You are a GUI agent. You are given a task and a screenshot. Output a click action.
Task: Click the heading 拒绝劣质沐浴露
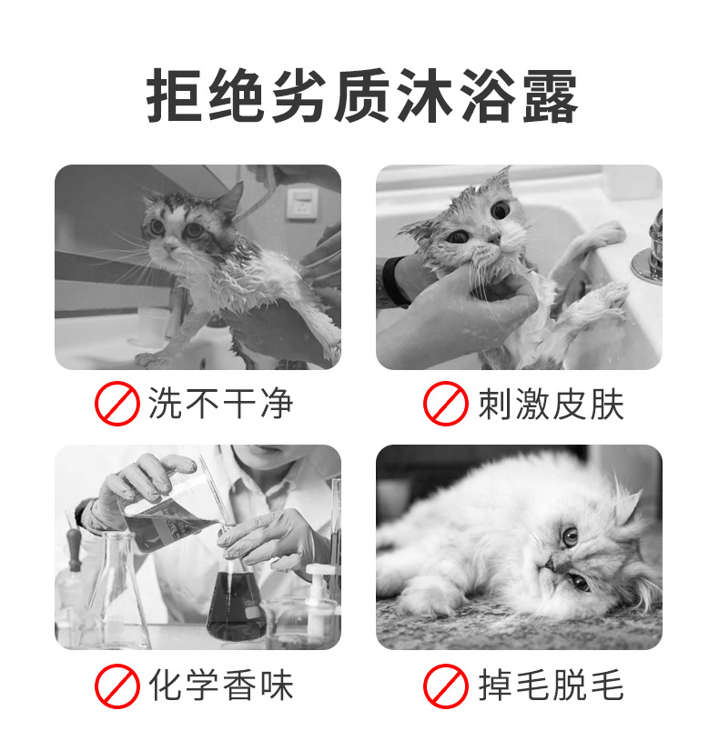(362, 95)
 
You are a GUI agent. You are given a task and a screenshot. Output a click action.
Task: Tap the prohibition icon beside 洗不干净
(117, 404)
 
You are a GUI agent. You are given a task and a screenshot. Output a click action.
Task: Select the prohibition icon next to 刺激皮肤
(445, 404)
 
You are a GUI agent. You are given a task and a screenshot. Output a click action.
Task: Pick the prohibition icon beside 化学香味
(117, 686)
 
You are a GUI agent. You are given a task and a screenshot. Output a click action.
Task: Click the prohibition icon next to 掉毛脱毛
(445, 686)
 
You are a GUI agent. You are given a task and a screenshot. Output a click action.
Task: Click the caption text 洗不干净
(220, 404)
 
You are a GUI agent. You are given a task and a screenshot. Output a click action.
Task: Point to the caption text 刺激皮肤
(552, 405)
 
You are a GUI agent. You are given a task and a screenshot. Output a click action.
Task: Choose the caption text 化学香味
(220, 686)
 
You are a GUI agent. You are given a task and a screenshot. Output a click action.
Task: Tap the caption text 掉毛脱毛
(552, 686)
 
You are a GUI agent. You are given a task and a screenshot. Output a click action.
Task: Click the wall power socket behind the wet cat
(302, 204)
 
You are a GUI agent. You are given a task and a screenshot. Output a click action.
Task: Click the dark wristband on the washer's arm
(394, 282)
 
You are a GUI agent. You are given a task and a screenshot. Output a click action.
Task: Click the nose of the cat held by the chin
(492, 237)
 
